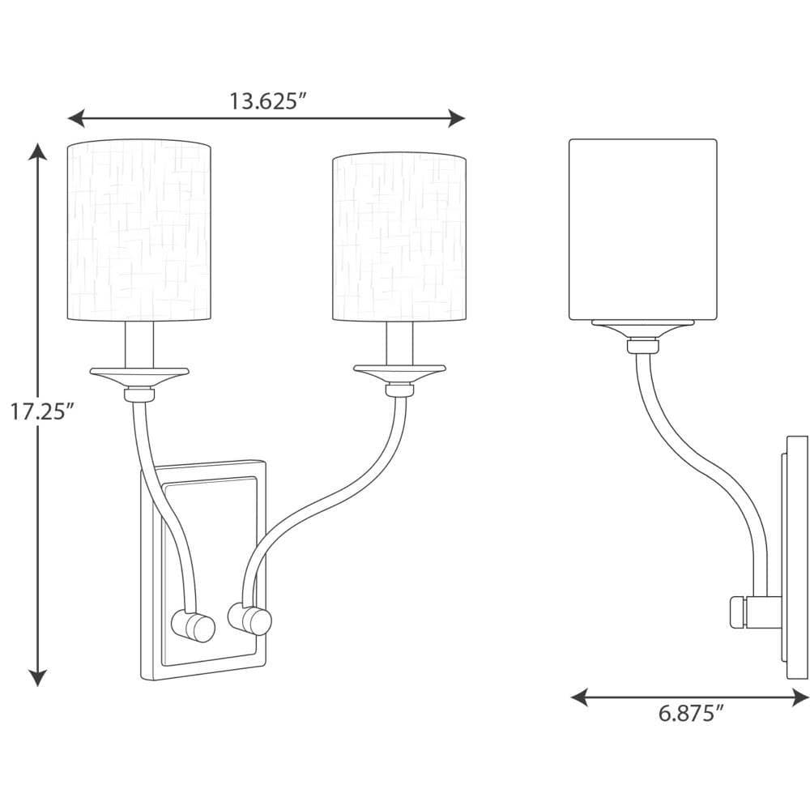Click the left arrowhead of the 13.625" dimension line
[76, 118]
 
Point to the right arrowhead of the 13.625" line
[456, 118]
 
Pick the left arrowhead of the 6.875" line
[580, 697]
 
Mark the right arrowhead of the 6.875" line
[799, 697]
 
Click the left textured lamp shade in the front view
[139, 230]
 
